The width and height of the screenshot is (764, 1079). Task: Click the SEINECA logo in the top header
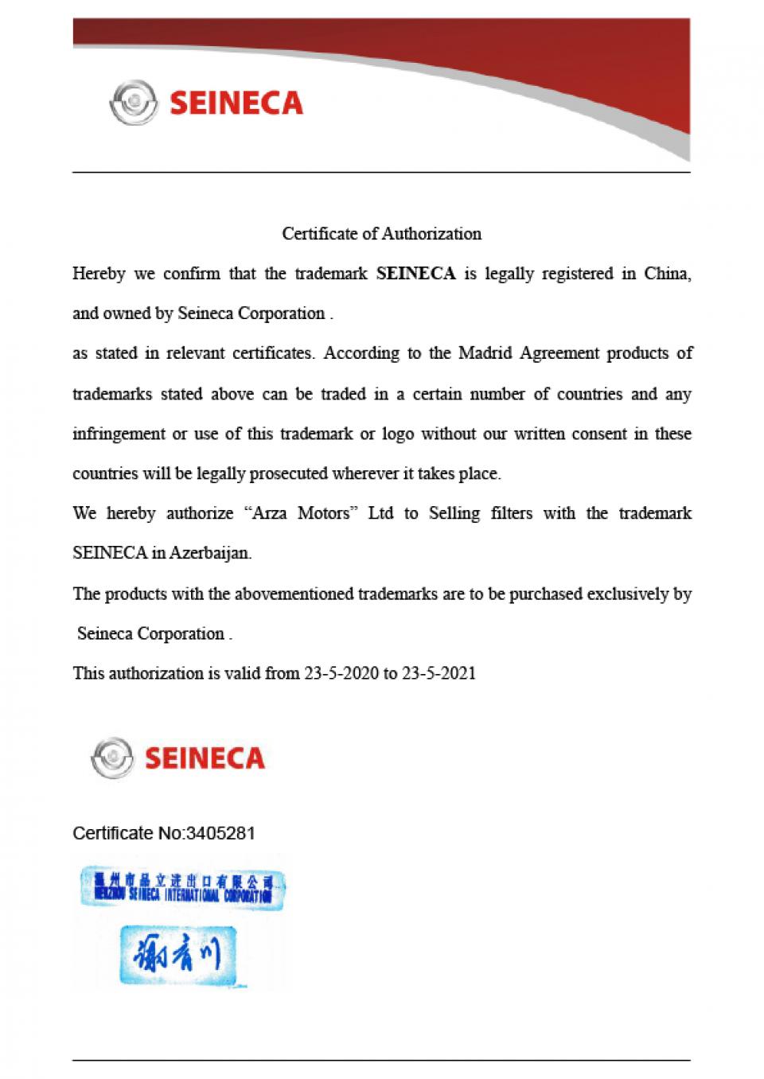(206, 103)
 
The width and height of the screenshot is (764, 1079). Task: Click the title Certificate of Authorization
(382, 234)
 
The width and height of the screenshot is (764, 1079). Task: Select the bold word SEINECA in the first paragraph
(415, 275)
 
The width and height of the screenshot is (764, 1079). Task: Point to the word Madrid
(485, 353)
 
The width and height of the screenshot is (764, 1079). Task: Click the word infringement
(119, 434)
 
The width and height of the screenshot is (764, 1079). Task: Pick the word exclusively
(628, 594)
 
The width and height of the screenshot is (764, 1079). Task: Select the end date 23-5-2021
(439, 674)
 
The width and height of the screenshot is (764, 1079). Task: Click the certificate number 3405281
(220, 834)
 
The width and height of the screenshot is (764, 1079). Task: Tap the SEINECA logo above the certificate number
(178, 758)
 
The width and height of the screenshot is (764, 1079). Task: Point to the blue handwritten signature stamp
(179, 954)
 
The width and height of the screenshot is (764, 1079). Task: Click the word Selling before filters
(454, 514)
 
